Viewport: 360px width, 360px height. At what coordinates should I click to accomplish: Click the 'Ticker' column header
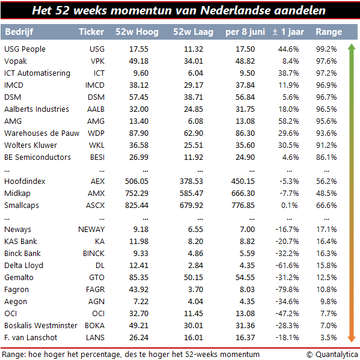click(x=91, y=32)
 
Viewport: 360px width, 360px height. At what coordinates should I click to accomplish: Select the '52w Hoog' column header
click(x=137, y=32)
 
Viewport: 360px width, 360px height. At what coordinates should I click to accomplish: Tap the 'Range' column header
click(x=329, y=32)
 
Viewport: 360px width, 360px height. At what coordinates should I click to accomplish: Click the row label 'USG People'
click(x=25, y=49)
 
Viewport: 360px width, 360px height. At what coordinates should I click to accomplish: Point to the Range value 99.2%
click(x=326, y=49)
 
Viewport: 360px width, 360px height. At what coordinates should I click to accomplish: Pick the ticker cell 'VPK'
click(x=97, y=61)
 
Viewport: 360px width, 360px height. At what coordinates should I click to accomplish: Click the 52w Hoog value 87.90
click(x=139, y=133)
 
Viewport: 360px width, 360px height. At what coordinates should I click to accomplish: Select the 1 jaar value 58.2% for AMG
click(x=288, y=121)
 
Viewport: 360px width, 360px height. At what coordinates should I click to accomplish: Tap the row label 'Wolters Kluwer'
click(x=31, y=145)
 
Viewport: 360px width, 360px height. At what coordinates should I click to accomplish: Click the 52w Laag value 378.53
click(x=191, y=182)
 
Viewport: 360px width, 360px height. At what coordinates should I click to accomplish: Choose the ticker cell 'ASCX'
click(x=95, y=206)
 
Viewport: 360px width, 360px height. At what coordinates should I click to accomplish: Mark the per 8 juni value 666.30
click(x=243, y=194)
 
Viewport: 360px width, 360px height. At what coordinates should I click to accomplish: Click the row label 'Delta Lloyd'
click(x=23, y=266)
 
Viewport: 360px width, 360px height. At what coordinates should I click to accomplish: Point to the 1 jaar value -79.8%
click(x=287, y=290)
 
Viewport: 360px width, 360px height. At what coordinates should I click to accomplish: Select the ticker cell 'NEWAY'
click(x=91, y=230)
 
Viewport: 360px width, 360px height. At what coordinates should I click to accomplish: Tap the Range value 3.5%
click(x=329, y=338)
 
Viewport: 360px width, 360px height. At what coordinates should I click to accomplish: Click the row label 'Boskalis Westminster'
click(x=41, y=326)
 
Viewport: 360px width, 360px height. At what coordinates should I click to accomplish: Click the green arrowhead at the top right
click(x=352, y=47)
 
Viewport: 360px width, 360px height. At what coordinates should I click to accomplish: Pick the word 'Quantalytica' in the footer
click(x=337, y=355)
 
